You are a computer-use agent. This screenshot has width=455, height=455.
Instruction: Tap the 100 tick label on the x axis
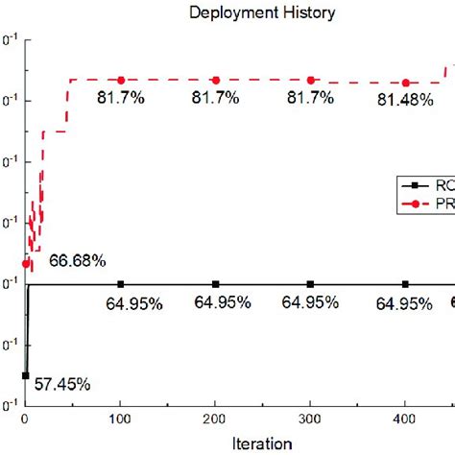click(x=120, y=419)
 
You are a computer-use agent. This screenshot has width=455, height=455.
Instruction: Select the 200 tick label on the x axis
click(x=215, y=419)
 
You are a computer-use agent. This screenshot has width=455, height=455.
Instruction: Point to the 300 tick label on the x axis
click(x=310, y=419)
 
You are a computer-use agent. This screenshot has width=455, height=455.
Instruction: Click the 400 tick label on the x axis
click(x=405, y=419)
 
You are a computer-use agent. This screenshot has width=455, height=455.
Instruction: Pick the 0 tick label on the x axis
click(x=26, y=419)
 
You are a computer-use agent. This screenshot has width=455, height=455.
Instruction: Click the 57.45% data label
click(x=63, y=384)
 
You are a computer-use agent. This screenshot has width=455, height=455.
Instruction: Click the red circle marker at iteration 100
click(x=121, y=80)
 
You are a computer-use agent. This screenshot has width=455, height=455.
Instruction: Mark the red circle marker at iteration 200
click(x=216, y=80)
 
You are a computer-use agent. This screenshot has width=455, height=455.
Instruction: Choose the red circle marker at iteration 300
click(x=311, y=80)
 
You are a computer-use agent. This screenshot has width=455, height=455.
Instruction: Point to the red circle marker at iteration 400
click(x=406, y=83)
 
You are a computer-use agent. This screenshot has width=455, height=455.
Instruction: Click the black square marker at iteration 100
click(x=121, y=284)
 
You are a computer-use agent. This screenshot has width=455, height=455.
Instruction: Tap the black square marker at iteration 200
click(x=216, y=284)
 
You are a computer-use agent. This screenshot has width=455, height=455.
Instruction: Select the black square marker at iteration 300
click(x=311, y=284)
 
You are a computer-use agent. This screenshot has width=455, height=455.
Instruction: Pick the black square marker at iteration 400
click(x=406, y=284)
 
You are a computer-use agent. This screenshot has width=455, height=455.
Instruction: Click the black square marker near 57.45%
click(x=26, y=375)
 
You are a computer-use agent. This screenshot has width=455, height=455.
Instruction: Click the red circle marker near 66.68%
click(x=26, y=263)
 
